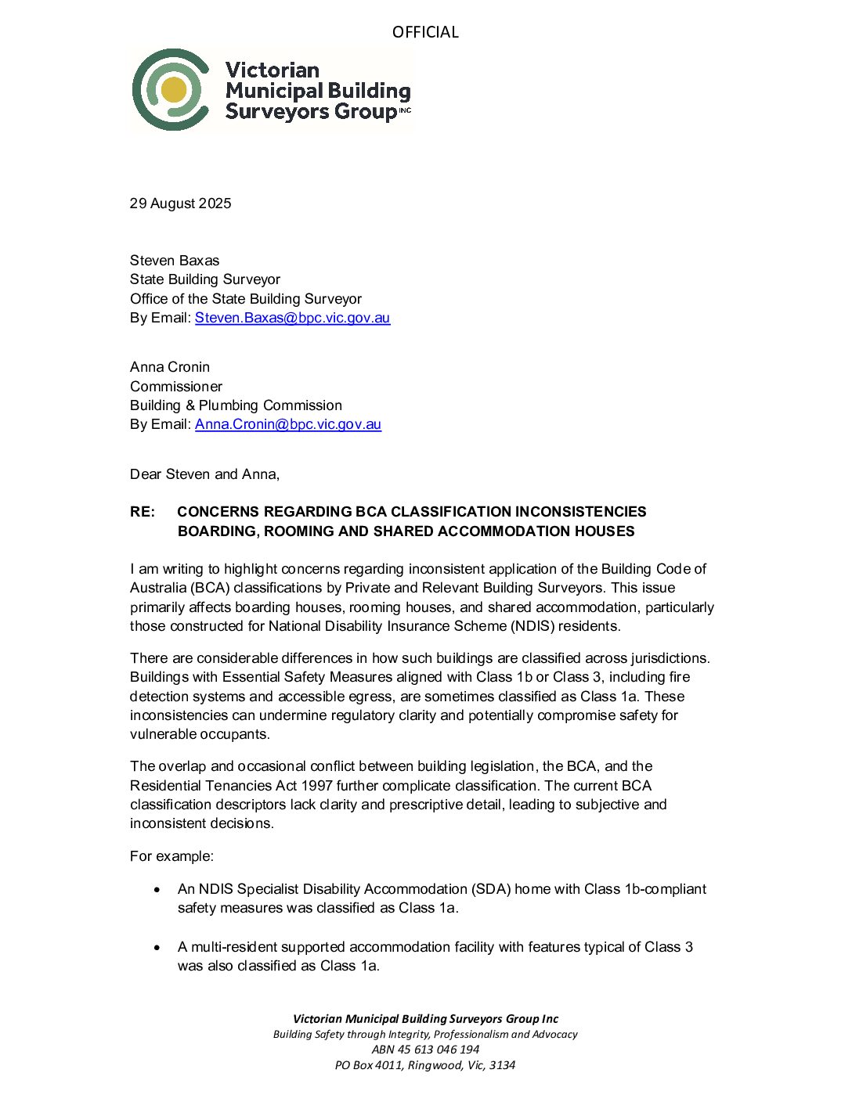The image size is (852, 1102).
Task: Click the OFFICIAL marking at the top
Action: (x=425, y=32)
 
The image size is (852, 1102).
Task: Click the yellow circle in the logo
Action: (x=174, y=89)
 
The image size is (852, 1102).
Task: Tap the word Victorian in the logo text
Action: (x=272, y=70)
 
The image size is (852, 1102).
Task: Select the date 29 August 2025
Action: (x=180, y=203)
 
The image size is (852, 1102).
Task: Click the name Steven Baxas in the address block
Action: (x=175, y=261)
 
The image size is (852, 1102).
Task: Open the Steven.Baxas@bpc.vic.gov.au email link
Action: (x=292, y=318)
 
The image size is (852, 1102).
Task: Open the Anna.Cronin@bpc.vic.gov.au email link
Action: (x=287, y=424)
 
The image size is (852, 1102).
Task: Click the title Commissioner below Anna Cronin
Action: (x=176, y=387)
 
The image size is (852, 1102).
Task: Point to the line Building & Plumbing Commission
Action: (x=236, y=405)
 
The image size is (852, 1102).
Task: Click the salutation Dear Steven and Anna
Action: (x=204, y=474)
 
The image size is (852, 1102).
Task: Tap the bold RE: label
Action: (x=143, y=512)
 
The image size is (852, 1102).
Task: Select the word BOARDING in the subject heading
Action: (x=217, y=531)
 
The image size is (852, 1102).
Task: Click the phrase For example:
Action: (x=171, y=856)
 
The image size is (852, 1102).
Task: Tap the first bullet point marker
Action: (x=157, y=890)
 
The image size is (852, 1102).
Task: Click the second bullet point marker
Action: (x=157, y=948)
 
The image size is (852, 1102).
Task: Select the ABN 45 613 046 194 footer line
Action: (x=425, y=1050)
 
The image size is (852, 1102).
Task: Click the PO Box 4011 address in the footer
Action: (x=425, y=1065)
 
